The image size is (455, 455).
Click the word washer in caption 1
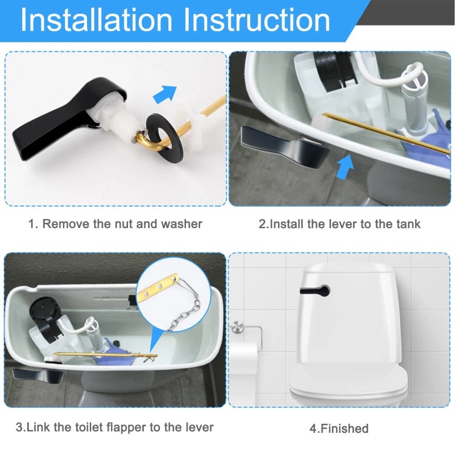point(181,224)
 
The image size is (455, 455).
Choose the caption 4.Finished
point(339,428)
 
